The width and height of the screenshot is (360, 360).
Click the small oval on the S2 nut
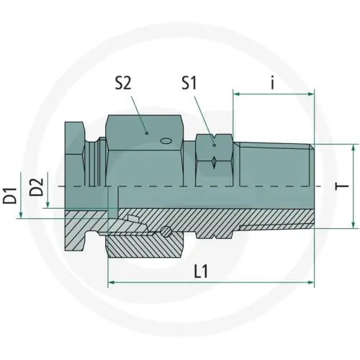pyautogui.click(x=166, y=140)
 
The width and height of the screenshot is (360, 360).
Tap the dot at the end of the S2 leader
pyautogui.click(x=146, y=132)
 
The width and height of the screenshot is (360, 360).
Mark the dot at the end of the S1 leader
pyautogui.click(x=215, y=145)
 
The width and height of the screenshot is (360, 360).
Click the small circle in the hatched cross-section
pyautogui.click(x=167, y=232)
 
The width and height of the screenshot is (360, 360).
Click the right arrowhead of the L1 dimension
pyautogui.click(x=312, y=283)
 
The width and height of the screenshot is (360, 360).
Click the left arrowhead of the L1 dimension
pyautogui.click(x=110, y=283)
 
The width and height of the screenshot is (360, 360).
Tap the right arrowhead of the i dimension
pyautogui.click(x=312, y=93)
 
